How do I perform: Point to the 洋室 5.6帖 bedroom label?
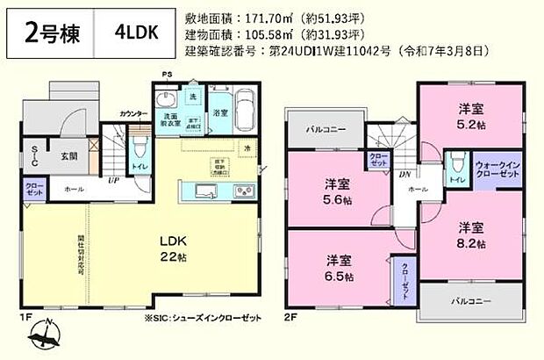point(334,191)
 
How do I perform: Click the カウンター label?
point(132,114)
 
